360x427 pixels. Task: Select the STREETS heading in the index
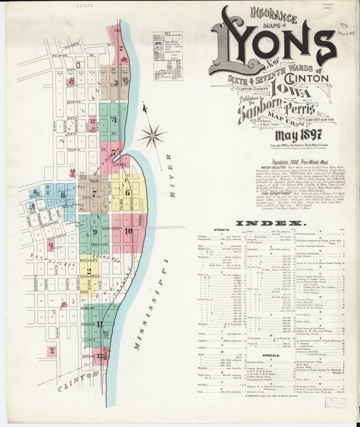pyautogui.click(x=221, y=231)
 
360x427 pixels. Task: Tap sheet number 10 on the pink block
pyautogui.click(x=129, y=232)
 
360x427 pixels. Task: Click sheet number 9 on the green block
pyautogui.click(x=95, y=232)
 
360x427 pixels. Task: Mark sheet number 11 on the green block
pyautogui.click(x=100, y=324)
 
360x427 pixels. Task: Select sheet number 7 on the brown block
pyautogui.click(x=94, y=194)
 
